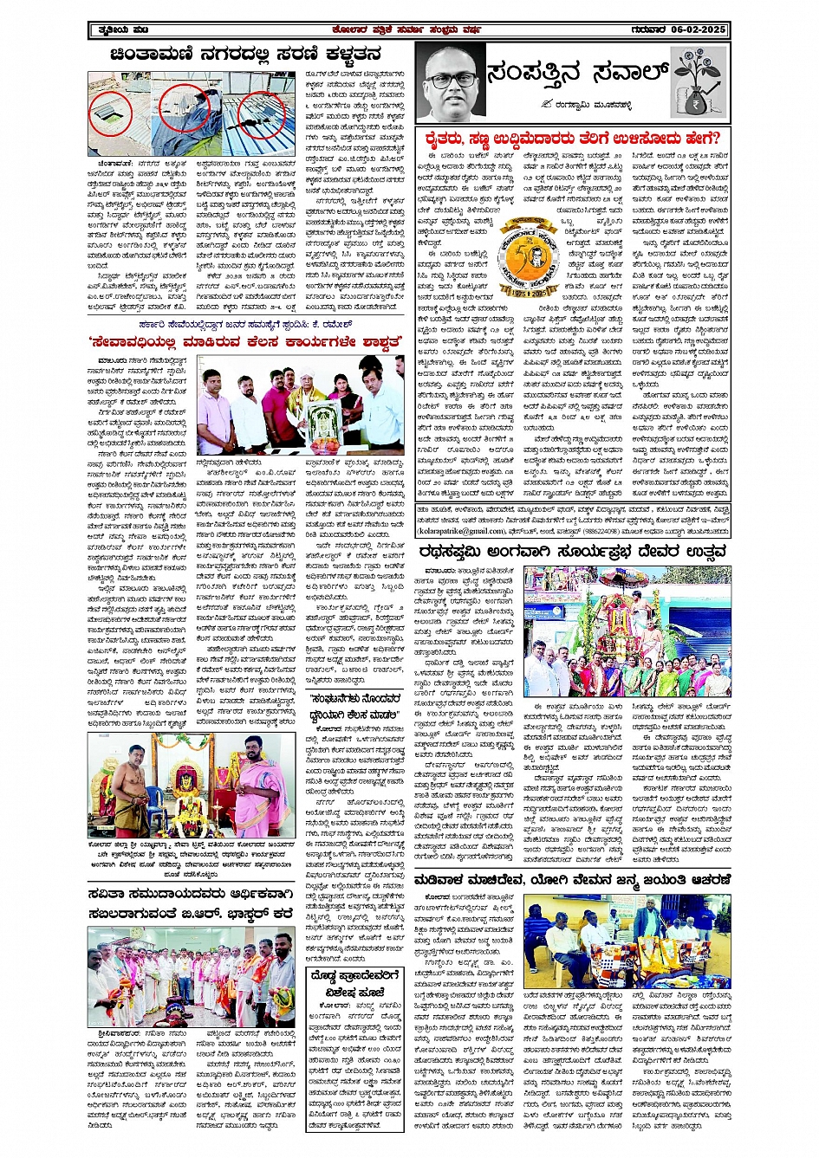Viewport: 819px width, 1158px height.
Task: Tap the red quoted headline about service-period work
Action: coord(247,341)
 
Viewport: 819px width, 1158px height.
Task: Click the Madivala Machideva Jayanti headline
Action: coord(573,879)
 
